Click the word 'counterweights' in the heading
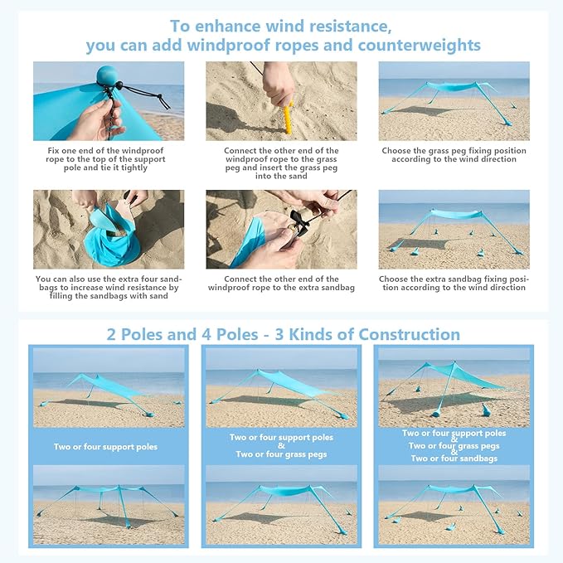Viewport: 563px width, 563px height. tap(421, 45)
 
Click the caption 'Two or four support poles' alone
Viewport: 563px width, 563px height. tap(105, 447)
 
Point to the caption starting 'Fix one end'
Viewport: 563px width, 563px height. tap(108, 159)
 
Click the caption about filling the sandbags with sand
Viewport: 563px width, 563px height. tap(109, 288)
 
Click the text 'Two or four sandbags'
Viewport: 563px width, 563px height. tap(454, 459)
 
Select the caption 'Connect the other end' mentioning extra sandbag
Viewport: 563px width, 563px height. tap(281, 284)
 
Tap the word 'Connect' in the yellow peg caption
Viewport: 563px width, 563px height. tap(240, 151)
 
